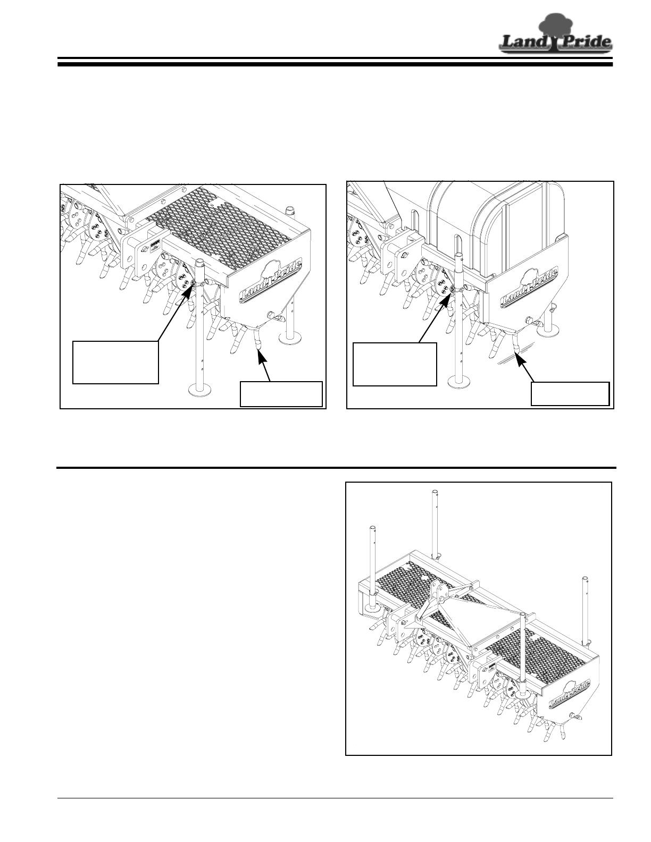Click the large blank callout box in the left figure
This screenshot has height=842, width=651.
tap(115, 362)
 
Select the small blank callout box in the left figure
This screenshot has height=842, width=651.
tap(281, 394)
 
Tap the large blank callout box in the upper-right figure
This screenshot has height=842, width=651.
tap(395, 364)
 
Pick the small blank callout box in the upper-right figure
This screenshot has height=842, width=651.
tap(571, 394)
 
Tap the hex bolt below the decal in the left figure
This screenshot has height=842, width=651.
tap(271, 316)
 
